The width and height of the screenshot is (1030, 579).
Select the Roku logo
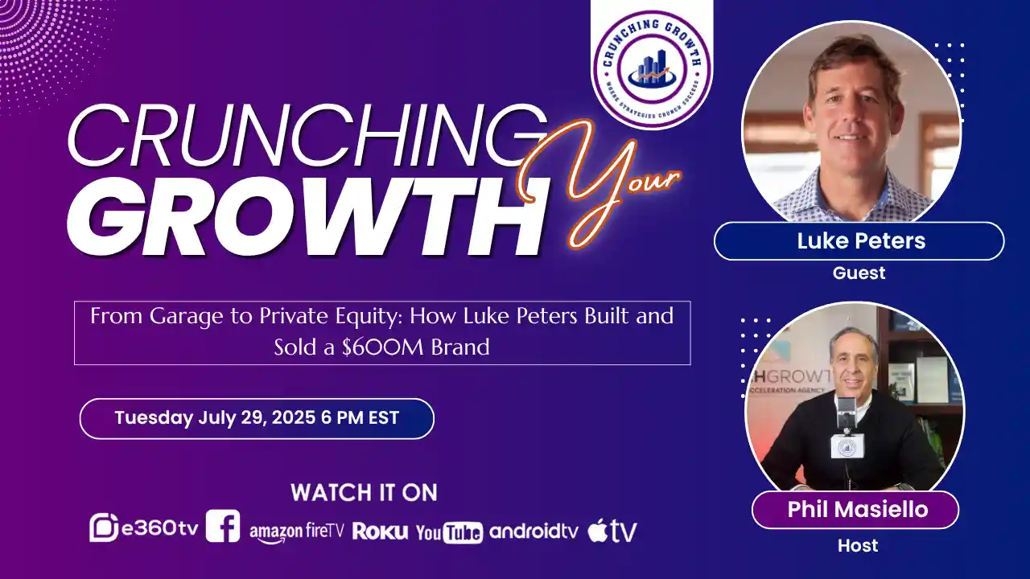380,532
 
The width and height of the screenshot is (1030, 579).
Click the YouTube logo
449,532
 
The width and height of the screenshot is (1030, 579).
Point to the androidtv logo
534,531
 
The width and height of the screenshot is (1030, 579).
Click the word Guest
859,273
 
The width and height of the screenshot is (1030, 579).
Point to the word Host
858,546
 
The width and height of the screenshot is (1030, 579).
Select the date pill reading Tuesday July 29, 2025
257,418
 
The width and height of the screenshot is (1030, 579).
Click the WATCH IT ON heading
364,492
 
